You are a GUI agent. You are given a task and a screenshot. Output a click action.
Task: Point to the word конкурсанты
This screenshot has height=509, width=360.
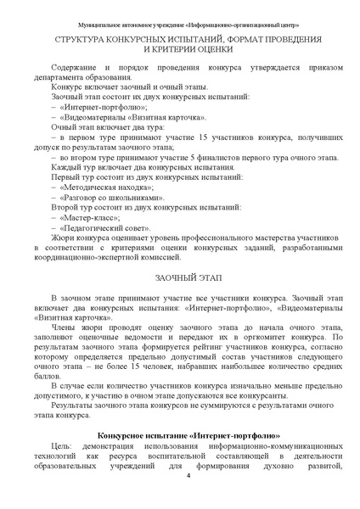(260, 394)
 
